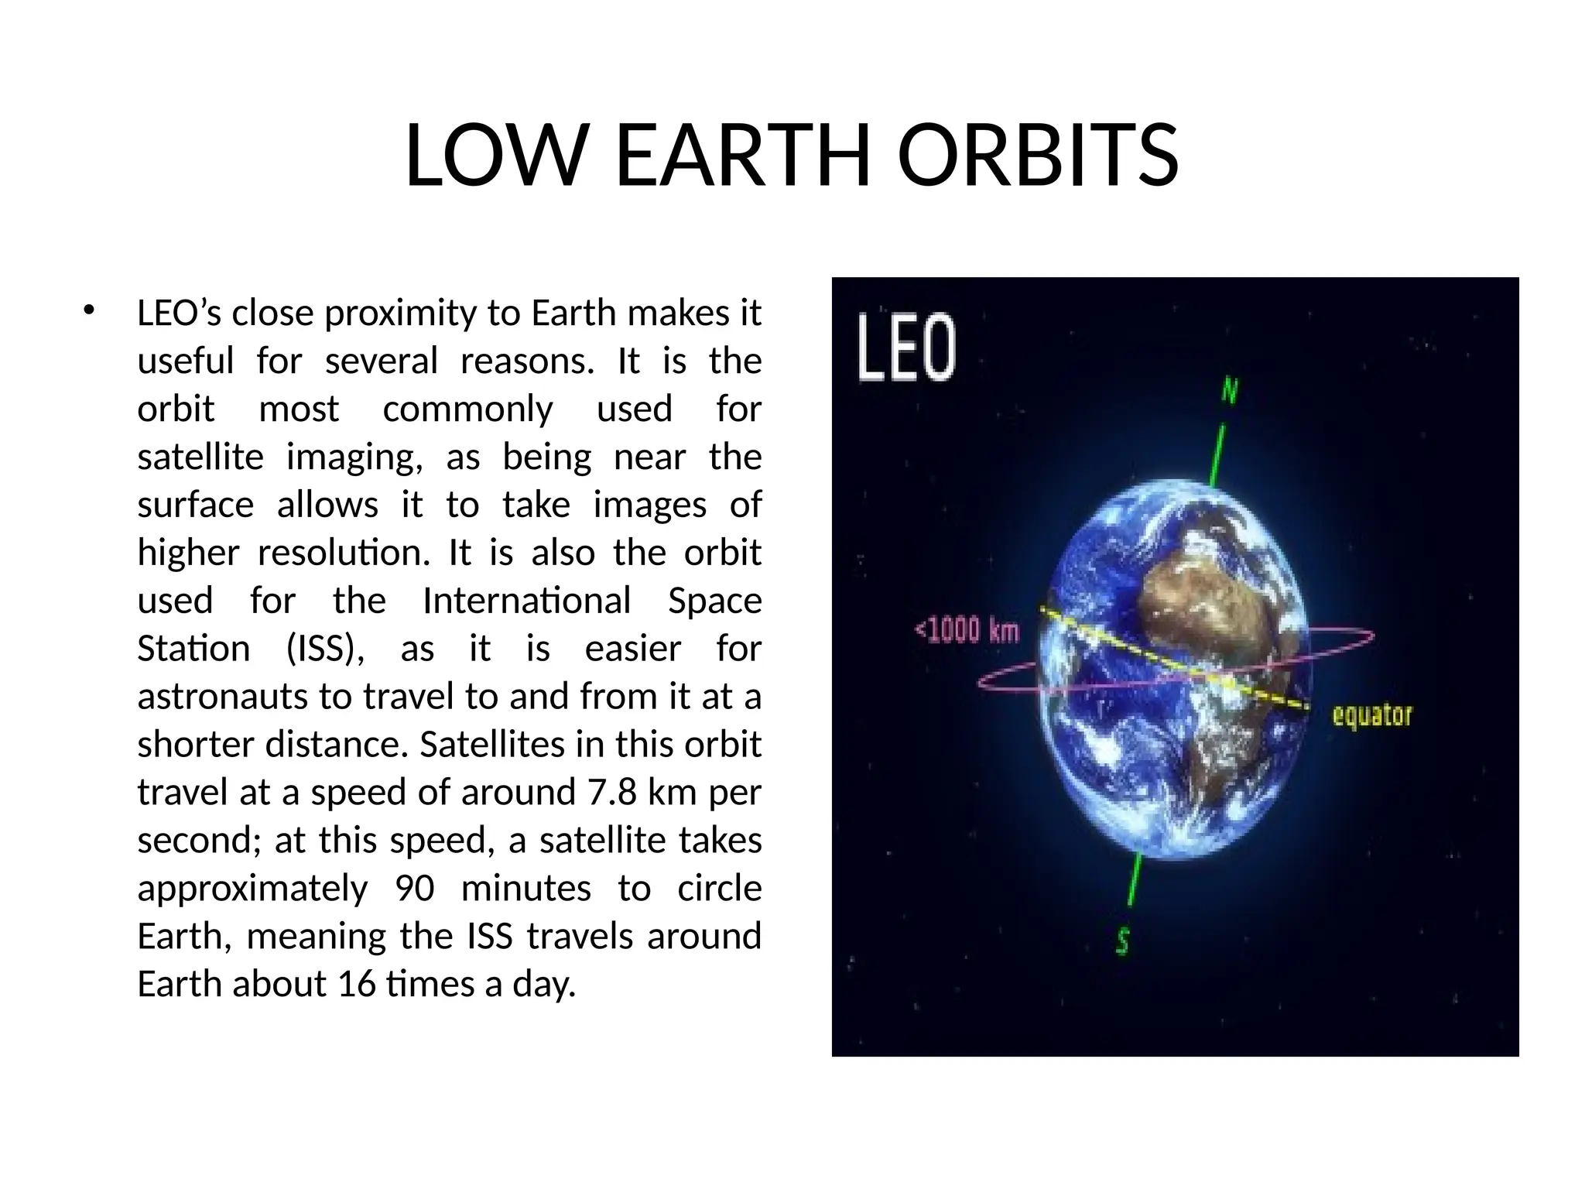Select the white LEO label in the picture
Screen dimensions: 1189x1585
(906, 348)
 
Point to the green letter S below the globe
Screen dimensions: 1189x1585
(1122, 941)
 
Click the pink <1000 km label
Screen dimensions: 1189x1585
(967, 630)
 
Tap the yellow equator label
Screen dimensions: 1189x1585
(1371, 714)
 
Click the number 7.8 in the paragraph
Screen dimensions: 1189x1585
(612, 792)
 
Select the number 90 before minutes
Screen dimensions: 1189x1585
(415, 888)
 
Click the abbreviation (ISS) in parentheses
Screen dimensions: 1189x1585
(326, 649)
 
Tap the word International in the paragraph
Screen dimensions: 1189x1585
(526, 601)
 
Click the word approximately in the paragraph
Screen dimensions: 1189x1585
(252, 888)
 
